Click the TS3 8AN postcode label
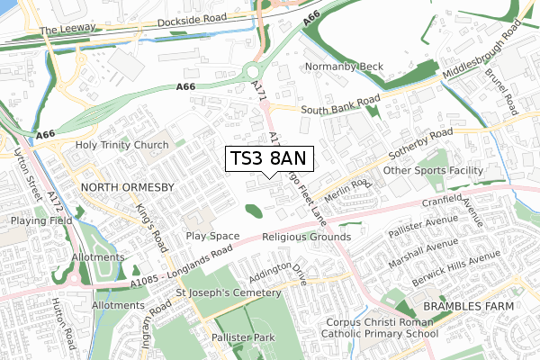pyautogui.click(x=268, y=158)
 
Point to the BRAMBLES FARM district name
pyautogui.click(x=468, y=307)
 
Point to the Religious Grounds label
pyautogui.click(x=306, y=237)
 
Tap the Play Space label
pyautogui.click(x=212, y=237)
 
